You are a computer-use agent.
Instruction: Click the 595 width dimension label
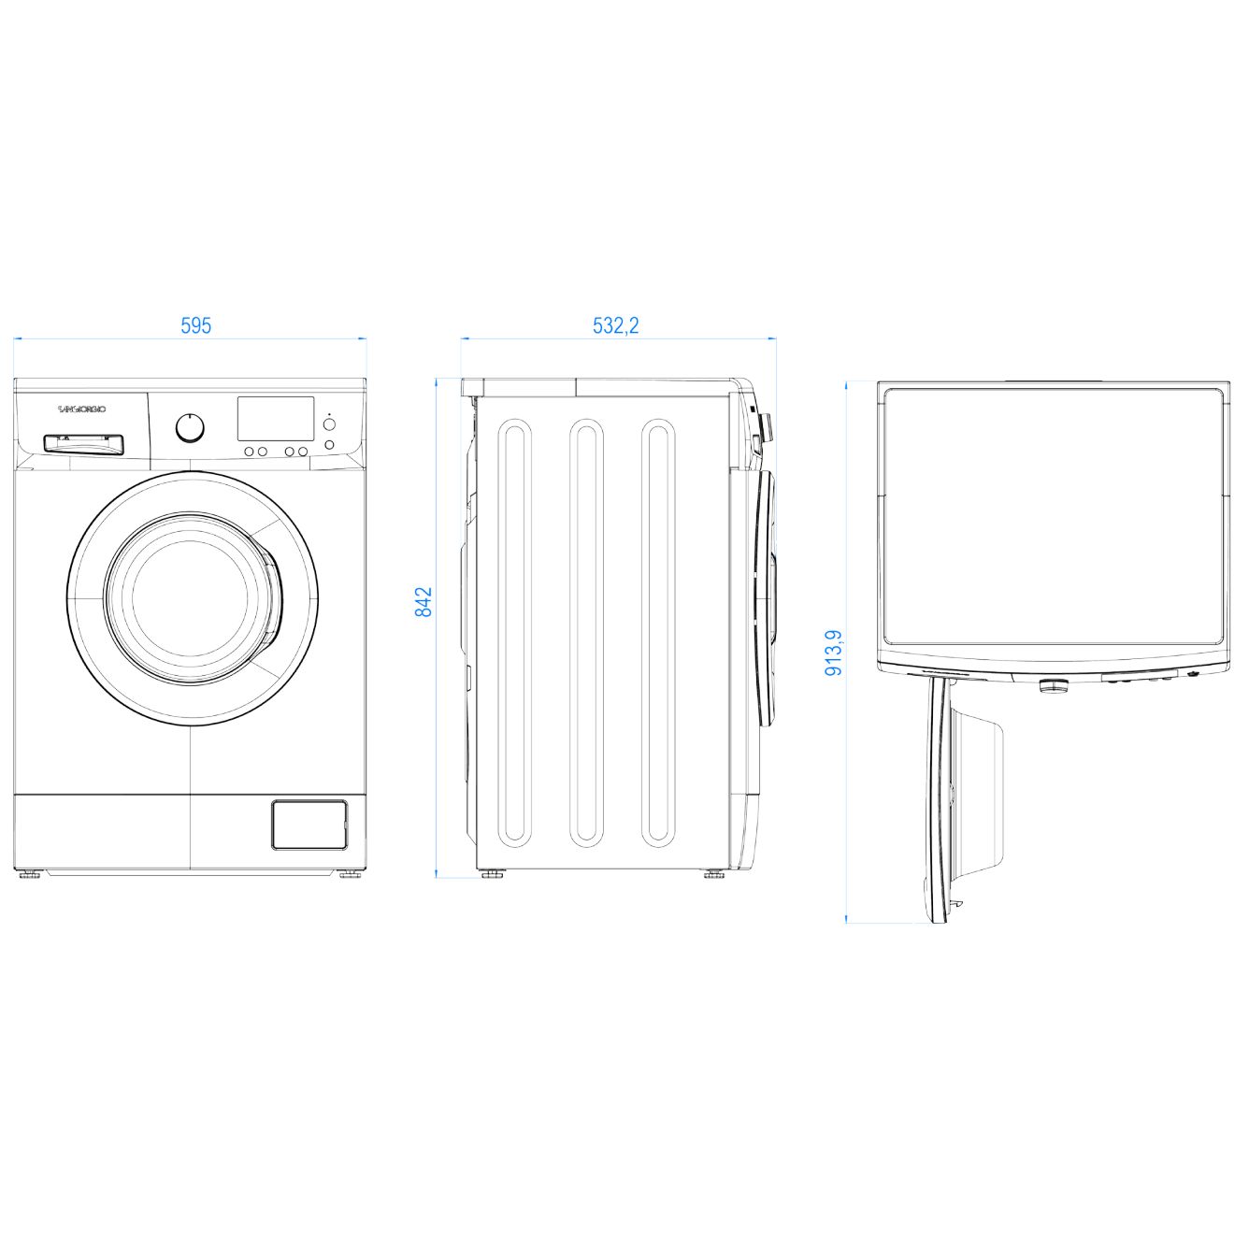coord(196,325)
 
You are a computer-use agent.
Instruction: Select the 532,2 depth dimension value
coord(615,325)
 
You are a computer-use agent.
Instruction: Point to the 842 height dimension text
coord(424,601)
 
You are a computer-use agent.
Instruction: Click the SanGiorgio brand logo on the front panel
coord(82,409)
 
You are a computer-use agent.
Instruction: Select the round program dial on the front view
coord(191,427)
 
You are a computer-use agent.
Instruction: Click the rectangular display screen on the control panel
coord(276,418)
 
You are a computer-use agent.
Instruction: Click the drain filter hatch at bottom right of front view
coord(309,825)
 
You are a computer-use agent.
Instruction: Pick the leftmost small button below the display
coord(250,452)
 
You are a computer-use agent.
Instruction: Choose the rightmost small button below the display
coord(303,452)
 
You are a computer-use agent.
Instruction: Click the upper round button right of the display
coord(329,424)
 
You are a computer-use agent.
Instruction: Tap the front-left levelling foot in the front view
coord(28,876)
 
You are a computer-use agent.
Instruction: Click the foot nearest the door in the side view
coord(714,876)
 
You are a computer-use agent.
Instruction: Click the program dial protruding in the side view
coord(767,427)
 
